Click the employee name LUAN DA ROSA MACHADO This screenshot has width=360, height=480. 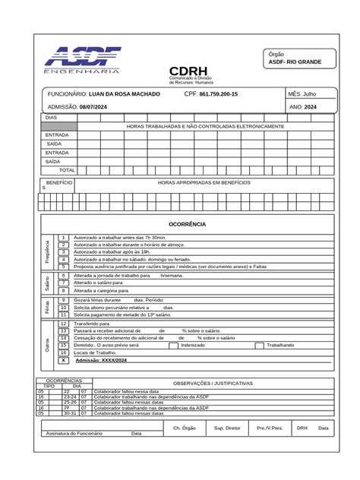[125, 93]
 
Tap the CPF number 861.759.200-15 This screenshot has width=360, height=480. [219, 93]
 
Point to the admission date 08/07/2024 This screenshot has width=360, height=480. [93, 107]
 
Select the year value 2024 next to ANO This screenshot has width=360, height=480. [311, 107]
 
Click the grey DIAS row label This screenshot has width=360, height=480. [58, 118]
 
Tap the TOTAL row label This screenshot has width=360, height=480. [67, 169]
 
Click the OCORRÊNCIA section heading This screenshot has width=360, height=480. [187, 224]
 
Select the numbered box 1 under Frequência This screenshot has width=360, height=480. [64, 238]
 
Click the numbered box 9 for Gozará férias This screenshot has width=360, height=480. [64, 300]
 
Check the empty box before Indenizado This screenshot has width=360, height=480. [174, 345]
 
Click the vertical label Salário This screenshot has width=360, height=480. [48, 283]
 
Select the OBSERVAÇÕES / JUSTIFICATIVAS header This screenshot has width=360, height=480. [213, 384]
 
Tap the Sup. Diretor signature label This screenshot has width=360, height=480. [227, 428]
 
